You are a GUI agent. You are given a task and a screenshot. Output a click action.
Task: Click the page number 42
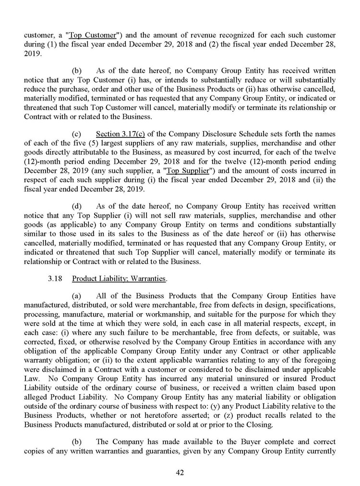pyautogui.click(x=180, y=473)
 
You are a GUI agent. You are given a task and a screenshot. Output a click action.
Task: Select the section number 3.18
pyautogui.click(x=54, y=279)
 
